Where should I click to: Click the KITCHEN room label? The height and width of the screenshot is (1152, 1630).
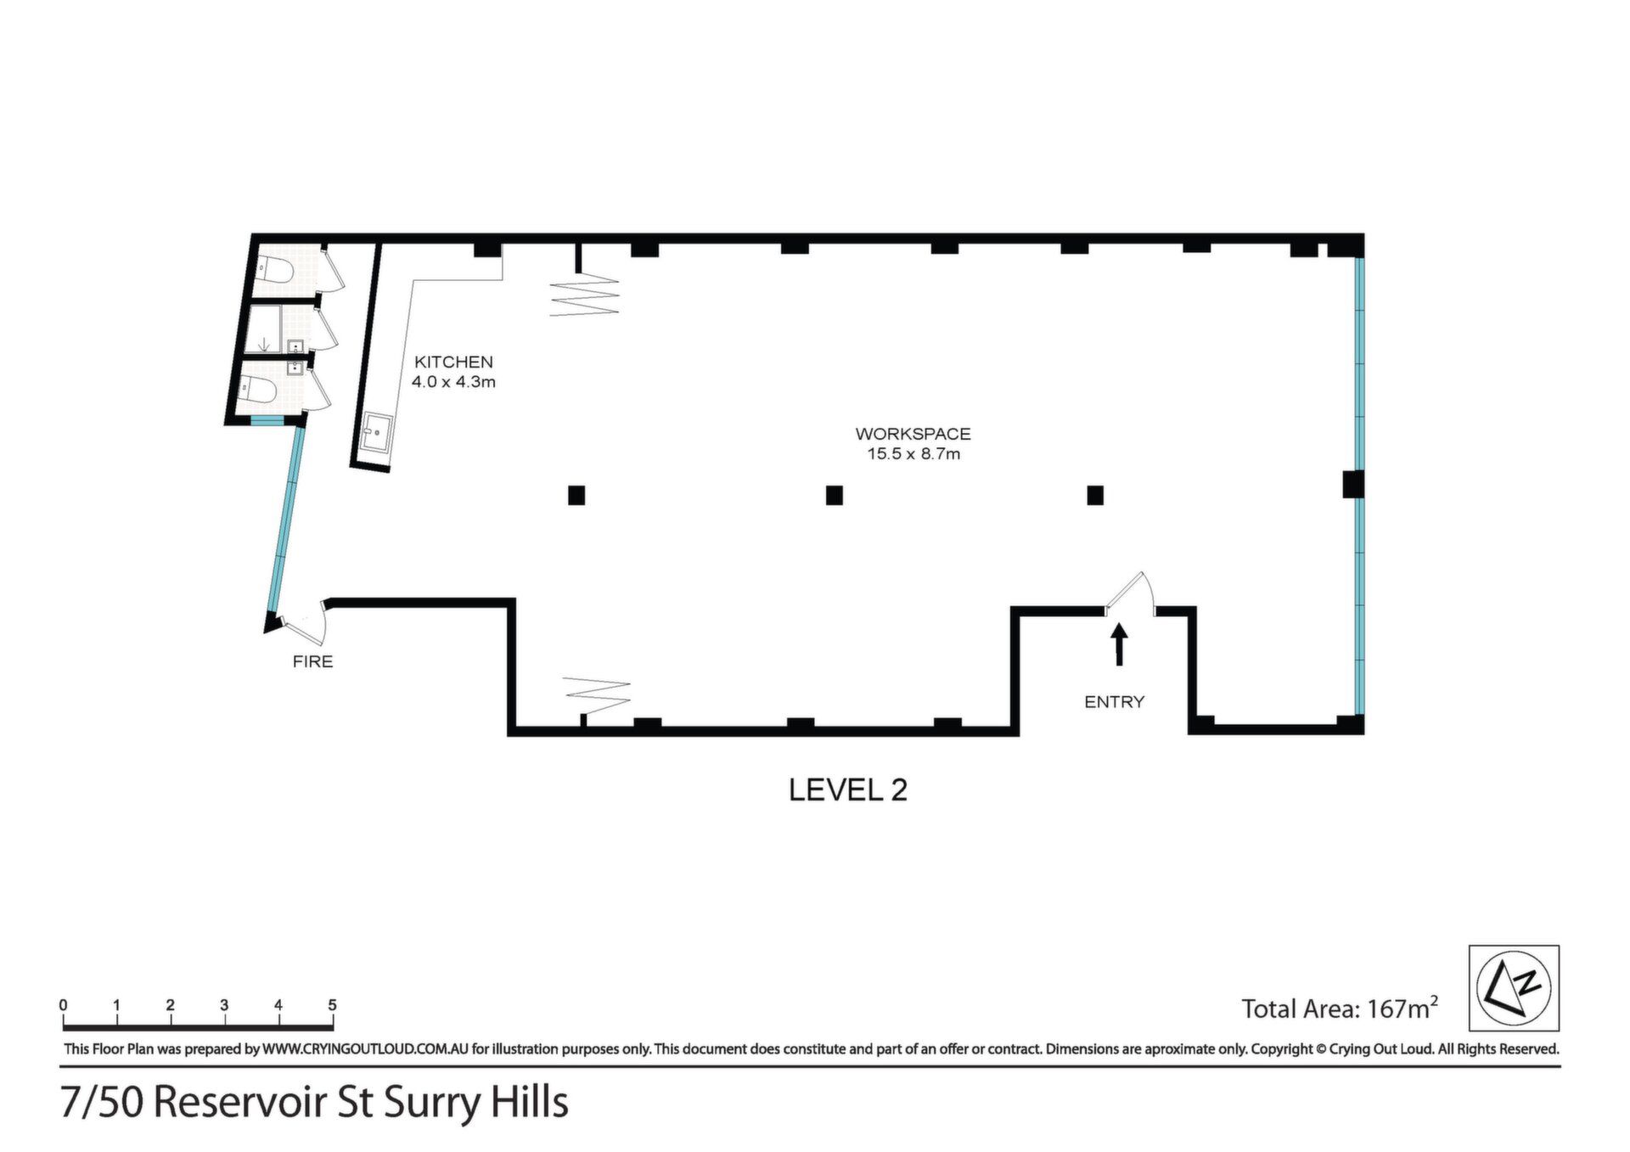pyautogui.click(x=453, y=362)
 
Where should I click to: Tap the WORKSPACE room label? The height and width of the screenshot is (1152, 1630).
pyautogui.click(x=913, y=434)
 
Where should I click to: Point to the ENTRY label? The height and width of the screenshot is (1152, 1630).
pyautogui.click(x=1115, y=702)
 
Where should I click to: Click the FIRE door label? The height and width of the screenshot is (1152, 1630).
pyautogui.click(x=312, y=661)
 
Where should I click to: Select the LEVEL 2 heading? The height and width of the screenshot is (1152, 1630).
pyautogui.click(x=848, y=790)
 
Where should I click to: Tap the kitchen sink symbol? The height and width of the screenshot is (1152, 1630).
pyautogui.click(x=375, y=433)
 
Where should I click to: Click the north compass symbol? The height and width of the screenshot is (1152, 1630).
pyautogui.click(x=1514, y=988)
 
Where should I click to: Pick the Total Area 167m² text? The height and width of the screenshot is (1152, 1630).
pyautogui.click(x=1340, y=1008)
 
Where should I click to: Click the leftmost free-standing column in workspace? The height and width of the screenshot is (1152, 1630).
pyautogui.click(x=576, y=495)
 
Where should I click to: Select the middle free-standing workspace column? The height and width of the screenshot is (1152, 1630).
pyautogui.click(x=834, y=495)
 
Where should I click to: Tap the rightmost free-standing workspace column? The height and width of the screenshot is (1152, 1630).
pyautogui.click(x=1095, y=495)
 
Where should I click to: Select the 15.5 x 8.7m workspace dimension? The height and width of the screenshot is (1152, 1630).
pyautogui.click(x=913, y=454)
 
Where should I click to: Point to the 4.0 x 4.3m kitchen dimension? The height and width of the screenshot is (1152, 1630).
pyautogui.click(x=453, y=382)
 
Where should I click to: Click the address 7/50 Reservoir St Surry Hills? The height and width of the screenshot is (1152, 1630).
pyautogui.click(x=314, y=1103)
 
